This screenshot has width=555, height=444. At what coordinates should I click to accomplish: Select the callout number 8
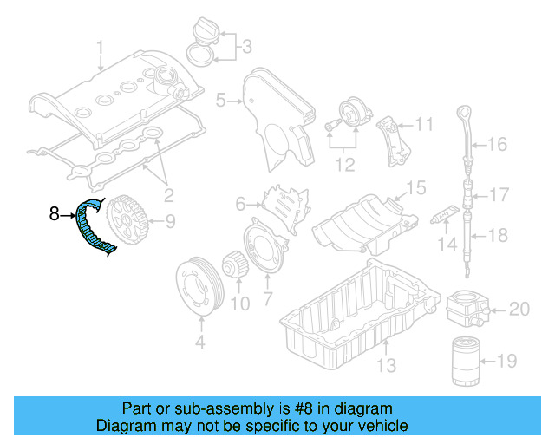54,212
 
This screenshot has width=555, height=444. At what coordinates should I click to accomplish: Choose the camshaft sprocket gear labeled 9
127,222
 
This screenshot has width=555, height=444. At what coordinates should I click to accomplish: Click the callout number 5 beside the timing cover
220,101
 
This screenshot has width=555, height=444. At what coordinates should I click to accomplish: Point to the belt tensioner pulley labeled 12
352,114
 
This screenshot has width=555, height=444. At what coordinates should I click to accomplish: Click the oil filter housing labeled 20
467,307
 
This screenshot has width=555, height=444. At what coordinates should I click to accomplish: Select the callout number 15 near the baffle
416,186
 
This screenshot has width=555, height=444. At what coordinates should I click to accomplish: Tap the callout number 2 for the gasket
168,194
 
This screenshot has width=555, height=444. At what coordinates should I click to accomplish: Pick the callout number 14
446,245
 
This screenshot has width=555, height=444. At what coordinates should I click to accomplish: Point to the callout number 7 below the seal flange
266,300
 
